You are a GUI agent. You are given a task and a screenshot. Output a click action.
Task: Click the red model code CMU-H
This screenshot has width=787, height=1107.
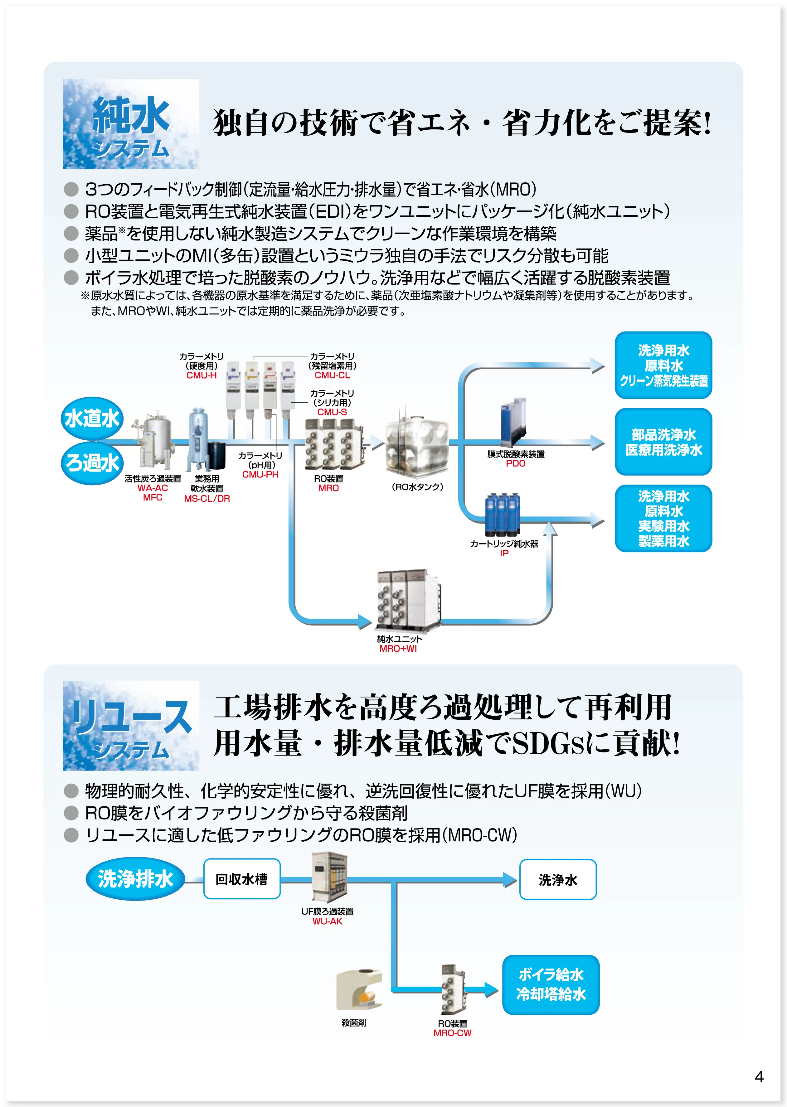pyautogui.click(x=202, y=375)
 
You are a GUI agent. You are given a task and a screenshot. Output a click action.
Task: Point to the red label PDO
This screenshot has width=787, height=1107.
pyautogui.click(x=516, y=464)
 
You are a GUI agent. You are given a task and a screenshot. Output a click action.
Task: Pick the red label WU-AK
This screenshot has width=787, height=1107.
pyautogui.click(x=327, y=921)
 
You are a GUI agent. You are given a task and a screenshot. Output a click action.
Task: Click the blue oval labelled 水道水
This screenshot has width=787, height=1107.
pyautogui.click(x=92, y=418)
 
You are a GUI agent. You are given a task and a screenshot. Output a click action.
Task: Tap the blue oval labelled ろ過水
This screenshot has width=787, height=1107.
pyautogui.click(x=92, y=463)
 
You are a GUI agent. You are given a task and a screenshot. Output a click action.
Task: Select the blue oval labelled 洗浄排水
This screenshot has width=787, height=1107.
pyautogui.click(x=135, y=879)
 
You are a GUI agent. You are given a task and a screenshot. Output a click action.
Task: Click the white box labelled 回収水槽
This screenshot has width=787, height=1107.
pyautogui.click(x=242, y=879)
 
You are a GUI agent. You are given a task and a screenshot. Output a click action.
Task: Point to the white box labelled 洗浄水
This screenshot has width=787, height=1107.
pyautogui.click(x=558, y=880)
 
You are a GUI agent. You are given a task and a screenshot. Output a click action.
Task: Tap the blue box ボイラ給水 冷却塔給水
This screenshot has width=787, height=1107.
pyautogui.click(x=551, y=984)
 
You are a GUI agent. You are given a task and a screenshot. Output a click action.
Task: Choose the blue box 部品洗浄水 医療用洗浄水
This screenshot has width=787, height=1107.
pyautogui.click(x=663, y=442)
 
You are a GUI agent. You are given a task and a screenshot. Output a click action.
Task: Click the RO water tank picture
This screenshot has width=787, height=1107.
pyautogui.click(x=417, y=446)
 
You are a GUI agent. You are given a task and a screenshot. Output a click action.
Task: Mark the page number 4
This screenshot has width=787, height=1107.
pyautogui.click(x=759, y=1076)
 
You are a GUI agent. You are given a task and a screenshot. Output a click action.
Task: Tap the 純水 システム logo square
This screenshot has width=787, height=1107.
pyautogui.click(x=131, y=124)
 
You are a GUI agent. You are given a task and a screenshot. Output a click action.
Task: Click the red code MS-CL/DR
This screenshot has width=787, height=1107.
pyautogui.click(x=207, y=499)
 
